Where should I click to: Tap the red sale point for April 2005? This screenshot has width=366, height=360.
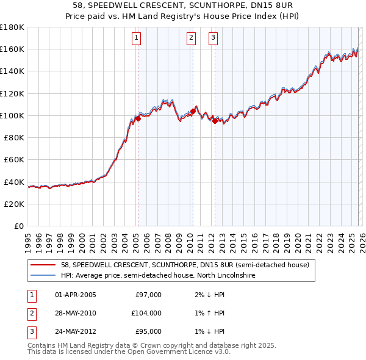tap(138, 118)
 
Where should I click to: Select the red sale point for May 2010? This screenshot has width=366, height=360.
tap(193, 111)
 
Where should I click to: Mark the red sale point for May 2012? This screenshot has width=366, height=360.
tap(215, 121)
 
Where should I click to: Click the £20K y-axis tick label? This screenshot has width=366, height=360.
tap(13, 204)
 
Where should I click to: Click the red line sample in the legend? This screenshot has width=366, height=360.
tap(43, 265)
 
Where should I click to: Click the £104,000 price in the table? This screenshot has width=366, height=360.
tap(146, 313)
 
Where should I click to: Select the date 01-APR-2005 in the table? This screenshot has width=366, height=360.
tap(75, 295)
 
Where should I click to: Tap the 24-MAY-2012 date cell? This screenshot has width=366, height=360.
tap(75, 331)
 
